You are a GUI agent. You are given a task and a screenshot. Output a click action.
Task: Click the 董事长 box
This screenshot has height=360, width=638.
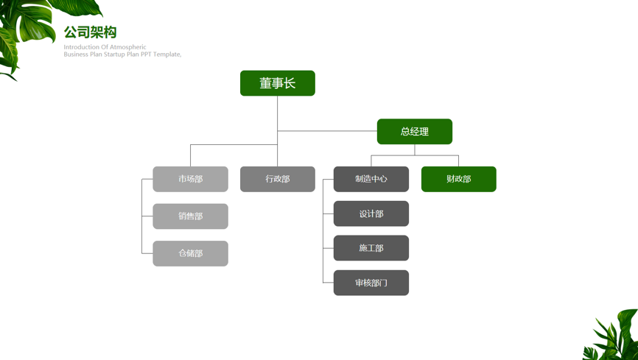[278, 83]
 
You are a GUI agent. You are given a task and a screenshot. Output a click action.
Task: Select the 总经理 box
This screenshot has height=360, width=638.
[415, 131]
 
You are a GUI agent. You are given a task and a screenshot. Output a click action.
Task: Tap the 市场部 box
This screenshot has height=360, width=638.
[190, 179]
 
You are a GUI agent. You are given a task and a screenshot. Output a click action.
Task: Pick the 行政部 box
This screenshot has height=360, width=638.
[278, 179]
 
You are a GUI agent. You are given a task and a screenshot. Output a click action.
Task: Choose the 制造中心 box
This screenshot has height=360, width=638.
[371, 179]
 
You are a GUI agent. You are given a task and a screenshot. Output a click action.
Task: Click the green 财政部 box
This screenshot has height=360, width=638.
[458, 179]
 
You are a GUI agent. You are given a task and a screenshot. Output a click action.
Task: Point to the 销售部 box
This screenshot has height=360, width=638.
[190, 216]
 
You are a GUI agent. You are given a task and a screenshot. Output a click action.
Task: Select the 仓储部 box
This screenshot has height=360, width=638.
[190, 253]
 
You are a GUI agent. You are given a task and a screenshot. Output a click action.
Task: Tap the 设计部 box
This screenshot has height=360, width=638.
[371, 213]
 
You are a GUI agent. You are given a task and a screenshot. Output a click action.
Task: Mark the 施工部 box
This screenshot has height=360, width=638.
[371, 248]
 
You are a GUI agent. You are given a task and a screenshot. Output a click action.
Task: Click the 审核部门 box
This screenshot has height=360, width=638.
[371, 283]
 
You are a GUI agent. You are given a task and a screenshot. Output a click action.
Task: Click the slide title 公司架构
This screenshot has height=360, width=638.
[91, 32]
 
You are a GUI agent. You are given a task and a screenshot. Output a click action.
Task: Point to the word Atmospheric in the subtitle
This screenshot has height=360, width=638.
[128, 47]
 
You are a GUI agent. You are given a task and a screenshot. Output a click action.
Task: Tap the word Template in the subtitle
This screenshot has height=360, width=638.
[166, 54]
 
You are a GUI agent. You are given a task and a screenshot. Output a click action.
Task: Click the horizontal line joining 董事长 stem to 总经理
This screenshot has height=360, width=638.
[327, 131]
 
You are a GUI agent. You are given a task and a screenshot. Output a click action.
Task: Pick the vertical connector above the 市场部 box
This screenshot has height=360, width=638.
[190, 155]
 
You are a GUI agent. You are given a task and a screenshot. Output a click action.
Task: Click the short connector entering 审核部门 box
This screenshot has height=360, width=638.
[329, 283]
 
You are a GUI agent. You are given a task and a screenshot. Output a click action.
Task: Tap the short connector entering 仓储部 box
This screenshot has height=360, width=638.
[147, 253]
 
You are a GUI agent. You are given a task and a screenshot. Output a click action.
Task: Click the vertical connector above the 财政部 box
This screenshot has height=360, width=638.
[458, 160]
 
